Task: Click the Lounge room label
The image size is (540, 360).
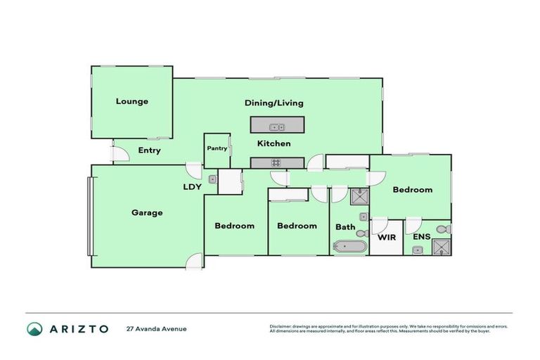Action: click(132, 101)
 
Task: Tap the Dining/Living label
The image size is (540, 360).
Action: click(274, 103)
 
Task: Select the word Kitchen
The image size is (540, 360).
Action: click(274, 143)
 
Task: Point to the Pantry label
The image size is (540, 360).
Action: click(217, 148)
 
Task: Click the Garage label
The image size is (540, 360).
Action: click(147, 212)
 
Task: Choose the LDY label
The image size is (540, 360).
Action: click(193, 187)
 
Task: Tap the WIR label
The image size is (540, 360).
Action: click(387, 238)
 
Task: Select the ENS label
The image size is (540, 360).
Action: click(421, 238)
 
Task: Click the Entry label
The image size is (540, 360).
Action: click(149, 150)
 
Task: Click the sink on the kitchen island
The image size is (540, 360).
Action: click(277, 127)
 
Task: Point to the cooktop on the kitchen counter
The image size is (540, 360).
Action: click(276, 163)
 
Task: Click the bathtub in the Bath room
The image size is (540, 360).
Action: click(349, 247)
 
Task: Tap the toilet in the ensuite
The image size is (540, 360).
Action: click(442, 229)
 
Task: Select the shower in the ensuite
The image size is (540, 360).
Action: click(442, 245)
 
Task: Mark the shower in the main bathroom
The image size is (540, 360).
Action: click(359, 196)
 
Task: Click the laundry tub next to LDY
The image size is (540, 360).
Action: click(213, 179)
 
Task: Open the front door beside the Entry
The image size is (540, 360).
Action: click(120, 153)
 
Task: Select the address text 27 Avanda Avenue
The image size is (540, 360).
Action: click(156, 328)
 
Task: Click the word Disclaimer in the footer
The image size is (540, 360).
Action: click(282, 326)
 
